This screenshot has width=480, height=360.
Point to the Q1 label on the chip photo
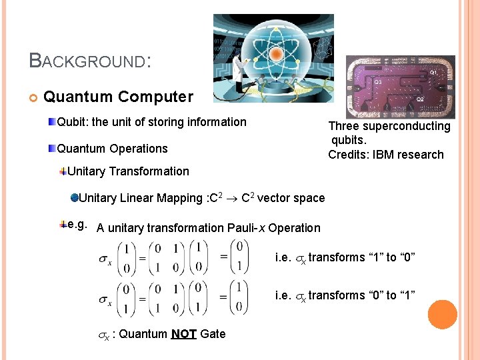pyautogui.click(x=433, y=71)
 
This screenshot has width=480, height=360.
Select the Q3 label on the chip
pyautogui.click(x=377, y=82)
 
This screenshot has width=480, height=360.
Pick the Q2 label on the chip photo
pyautogui.click(x=420, y=100)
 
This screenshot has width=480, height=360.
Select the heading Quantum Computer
pyautogui.click(x=118, y=97)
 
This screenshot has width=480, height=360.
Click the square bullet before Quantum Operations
pyautogui.click(x=52, y=148)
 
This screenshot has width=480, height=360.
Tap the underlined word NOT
pyautogui.click(x=183, y=333)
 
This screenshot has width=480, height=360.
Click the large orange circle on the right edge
pyautogui.click(x=443, y=315)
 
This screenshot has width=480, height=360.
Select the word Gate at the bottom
pyautogui.click(x=213, y=333)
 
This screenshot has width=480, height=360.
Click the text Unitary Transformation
pyautogui.click(x=128, y=171)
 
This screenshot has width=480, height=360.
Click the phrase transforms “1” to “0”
pyautogui.click(x=362, y=257)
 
